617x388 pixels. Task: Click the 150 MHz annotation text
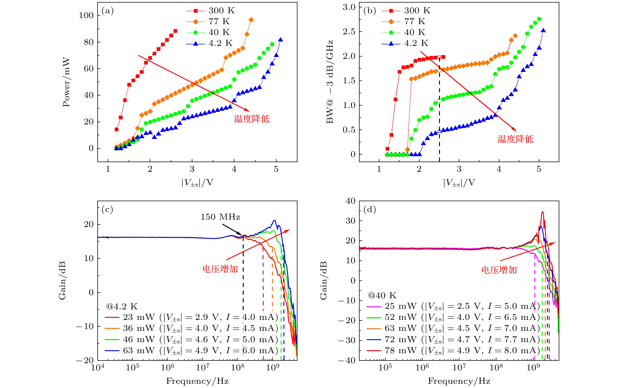pos(220,217)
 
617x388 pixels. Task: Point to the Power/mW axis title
pos(66,82)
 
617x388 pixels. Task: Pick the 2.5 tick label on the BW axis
pos(349,32)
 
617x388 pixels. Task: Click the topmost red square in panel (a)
pos(175,31)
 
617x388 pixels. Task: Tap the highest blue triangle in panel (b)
pos(543,30)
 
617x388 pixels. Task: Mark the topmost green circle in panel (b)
pos(539,19)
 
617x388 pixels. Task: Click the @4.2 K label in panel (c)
pos(122,306)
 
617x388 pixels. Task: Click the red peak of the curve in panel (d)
pos(542,212)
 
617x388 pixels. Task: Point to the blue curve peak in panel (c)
pos(274,220)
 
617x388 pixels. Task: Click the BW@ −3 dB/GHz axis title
pos(330,82)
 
